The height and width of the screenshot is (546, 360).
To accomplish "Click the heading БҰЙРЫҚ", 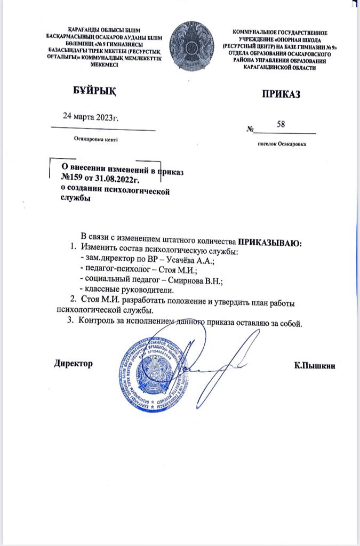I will click(x=94, y=91).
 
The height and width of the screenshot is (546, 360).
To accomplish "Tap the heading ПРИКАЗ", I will click(x=281, y=94).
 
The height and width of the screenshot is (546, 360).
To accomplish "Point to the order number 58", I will click(x=281, y=124).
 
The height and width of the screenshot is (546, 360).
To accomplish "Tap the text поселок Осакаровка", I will click(x=281, y=143).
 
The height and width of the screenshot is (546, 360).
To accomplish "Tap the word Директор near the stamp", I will click(x=74, y=363).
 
